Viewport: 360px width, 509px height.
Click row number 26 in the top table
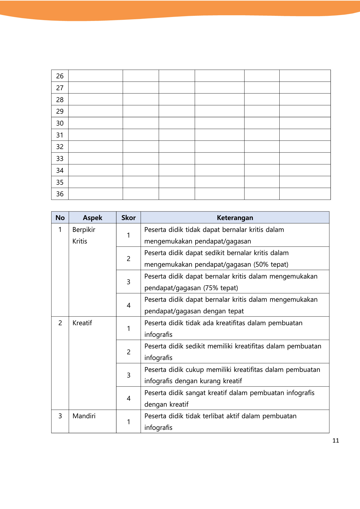(x=60, y=76)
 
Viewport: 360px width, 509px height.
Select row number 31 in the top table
(x=60, y=135)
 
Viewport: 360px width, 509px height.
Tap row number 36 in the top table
(x=60, y=194)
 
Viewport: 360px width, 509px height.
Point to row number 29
(x=60, y=111)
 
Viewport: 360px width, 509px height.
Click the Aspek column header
(x=93, y=218)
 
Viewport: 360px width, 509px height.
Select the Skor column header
(x=128, y=218)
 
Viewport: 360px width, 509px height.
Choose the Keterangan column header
(x=235, y=218)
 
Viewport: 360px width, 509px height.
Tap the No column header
(x=60, y=218)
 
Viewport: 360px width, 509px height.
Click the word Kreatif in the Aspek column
(x=82, y=323)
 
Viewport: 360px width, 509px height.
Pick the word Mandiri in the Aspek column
(x=84, y=416)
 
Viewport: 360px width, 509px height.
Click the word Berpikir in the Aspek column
(x=84, y=230)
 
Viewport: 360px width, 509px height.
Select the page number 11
(x=336, y=441)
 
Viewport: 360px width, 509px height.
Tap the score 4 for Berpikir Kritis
(x=128, y=305)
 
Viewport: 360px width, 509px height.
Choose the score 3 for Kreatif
(x=128, y=375)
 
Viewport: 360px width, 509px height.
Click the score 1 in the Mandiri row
(x=128, y=422)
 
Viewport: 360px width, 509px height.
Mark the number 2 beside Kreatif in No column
(x=60, y=323)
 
